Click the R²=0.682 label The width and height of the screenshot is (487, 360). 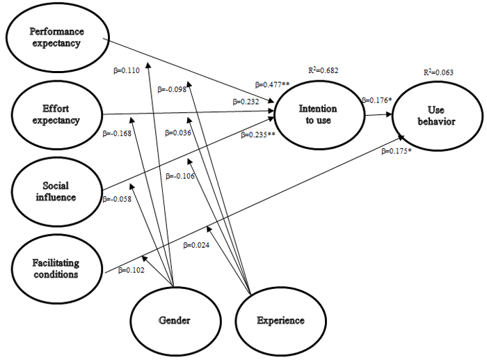pyautogui.click(x=324, y=70)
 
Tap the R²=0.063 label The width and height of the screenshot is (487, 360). pyautogui.click(x=438, y=72)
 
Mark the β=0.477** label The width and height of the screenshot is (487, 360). pyautogui.click(x=273, y=84)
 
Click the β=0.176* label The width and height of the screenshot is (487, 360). pyautogui.click(x=377, y=100)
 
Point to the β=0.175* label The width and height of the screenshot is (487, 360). pyautogui.click(x=397, y=151)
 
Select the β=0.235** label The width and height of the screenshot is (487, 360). pyautogui.click(x=258, y=134)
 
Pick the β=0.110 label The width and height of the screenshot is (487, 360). pyautogui.click(x=127, y=70)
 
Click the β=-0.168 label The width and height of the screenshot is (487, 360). pyautogui.click(x=117, y=134)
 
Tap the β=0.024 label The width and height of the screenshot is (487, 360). pyautogui.click(x=196, y=245)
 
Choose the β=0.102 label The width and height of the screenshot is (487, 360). pyautogui.click(x=131, y=270)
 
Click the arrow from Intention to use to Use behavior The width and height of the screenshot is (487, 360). pyautogui.click(x=378, y=115)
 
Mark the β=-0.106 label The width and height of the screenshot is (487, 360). pyautogui.click(x=180, y=176)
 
